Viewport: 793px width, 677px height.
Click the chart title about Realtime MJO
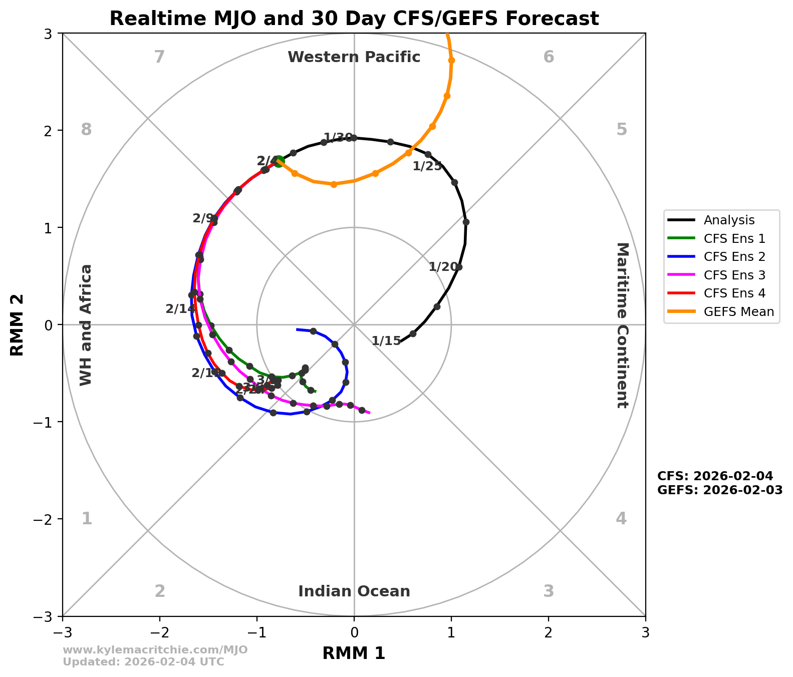(354, 19)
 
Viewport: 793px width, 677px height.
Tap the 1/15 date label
(386, 341)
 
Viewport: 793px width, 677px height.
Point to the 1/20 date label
(443, 267)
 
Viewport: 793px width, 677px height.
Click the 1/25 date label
(427, 166)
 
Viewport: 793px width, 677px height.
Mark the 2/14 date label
(180, 309)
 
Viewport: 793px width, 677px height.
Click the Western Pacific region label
(354, 57)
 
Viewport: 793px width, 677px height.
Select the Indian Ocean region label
(354, 591)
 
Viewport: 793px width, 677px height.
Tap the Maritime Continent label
(622, 325)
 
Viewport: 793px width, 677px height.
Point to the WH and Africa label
(86, 325)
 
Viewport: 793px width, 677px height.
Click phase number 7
(159, 57)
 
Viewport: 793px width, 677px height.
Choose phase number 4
(621, 518)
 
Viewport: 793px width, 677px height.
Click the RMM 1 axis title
(354, 653)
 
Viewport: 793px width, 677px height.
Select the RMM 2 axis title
(18, 325)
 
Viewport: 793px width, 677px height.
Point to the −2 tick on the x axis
(160, 632)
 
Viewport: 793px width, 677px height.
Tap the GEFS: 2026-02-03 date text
(719, 490)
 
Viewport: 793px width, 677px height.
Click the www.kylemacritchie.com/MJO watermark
(155, 650)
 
